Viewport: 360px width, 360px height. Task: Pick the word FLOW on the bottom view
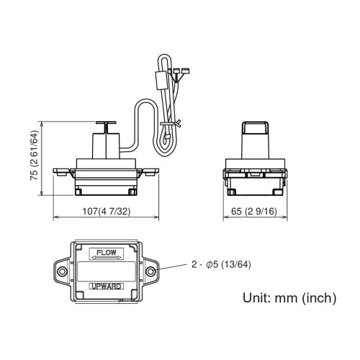(x=106, y=253)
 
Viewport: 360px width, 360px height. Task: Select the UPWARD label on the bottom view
(x=106, y=286)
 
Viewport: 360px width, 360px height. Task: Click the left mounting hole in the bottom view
(x=62, y=271)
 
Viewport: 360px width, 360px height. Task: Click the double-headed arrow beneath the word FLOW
(x=106, y=257)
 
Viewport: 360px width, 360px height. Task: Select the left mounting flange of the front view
(x=63, y=172)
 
